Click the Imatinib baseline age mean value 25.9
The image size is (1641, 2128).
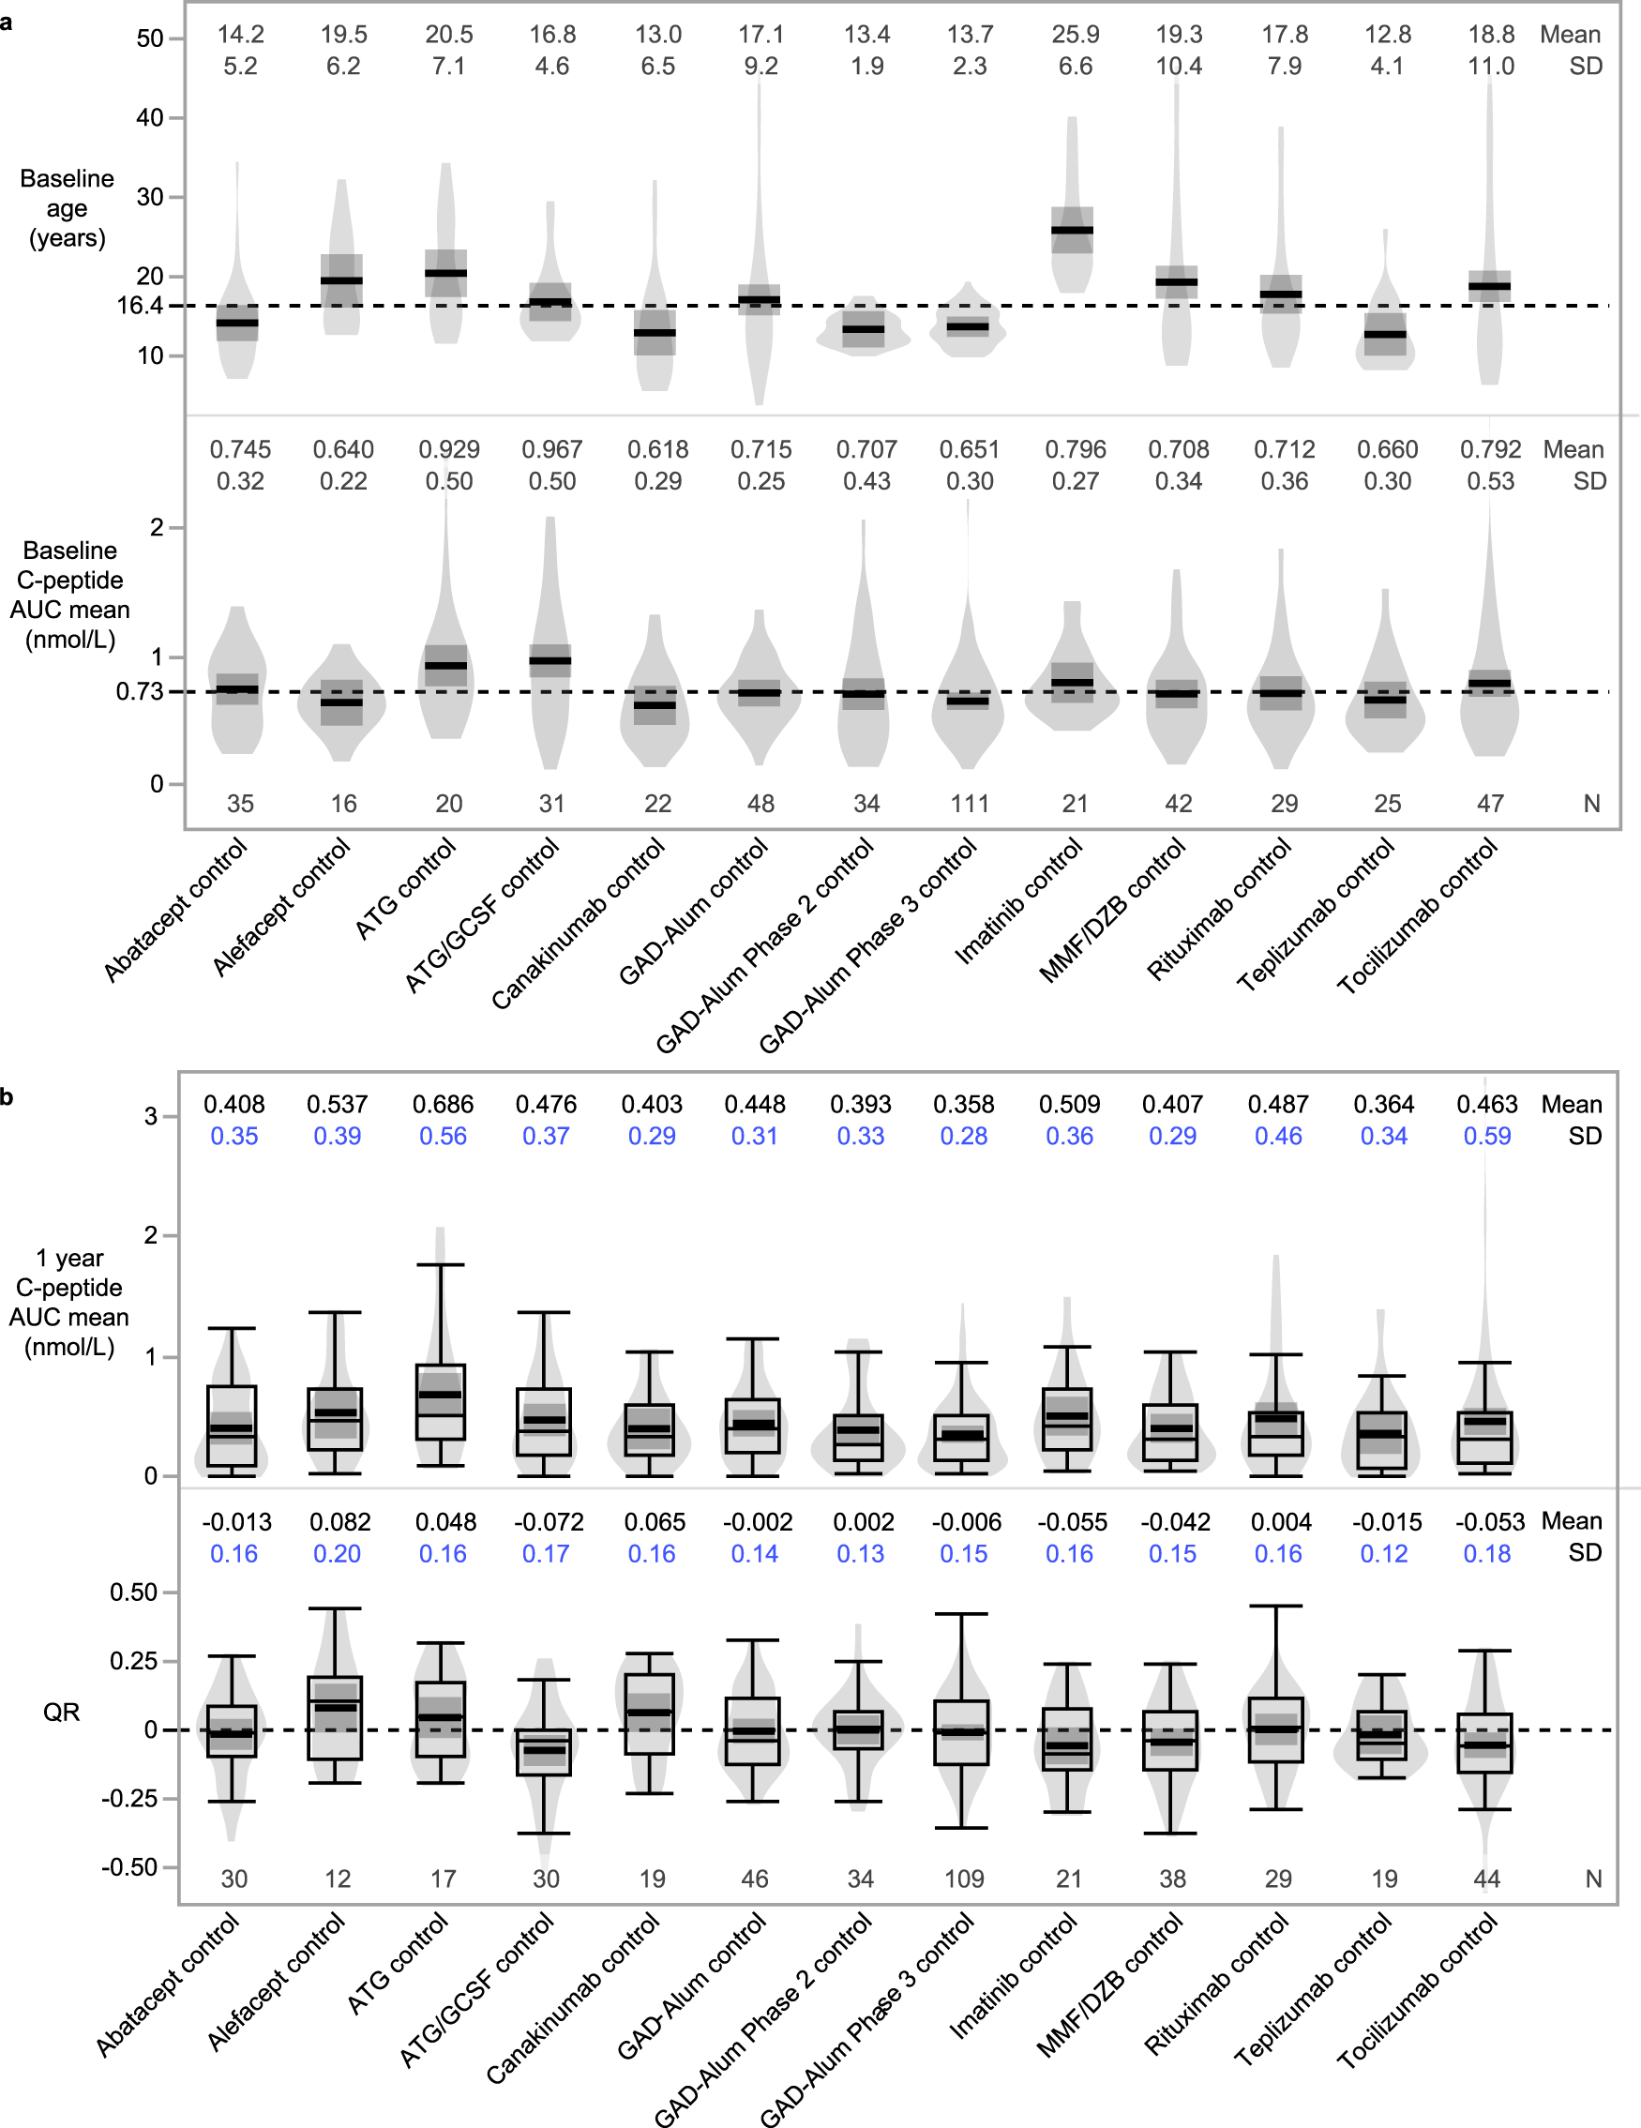[1075, 35]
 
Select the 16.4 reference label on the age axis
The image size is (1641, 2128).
[140, 306]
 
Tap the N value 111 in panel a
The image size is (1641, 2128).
[970, 804]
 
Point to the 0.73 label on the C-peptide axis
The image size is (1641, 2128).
[140, 692]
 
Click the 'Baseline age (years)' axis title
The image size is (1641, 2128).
[68, 208]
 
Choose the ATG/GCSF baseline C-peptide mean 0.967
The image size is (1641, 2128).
[551, 450]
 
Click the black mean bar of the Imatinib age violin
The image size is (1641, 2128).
[1072, 231]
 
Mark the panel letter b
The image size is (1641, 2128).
[7, 1097]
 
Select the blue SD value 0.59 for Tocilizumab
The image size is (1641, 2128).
[1487, 1136]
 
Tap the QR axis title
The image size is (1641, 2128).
[61, 1712]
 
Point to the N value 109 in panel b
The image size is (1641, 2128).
[964, 1879]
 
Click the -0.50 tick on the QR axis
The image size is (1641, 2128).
[128, 1867]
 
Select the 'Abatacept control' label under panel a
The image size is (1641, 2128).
[175, 911]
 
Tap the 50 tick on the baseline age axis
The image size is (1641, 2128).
[149, 39]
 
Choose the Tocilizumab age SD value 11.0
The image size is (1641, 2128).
[1491, 67]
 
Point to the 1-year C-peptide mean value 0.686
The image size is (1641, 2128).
[443, 1105]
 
